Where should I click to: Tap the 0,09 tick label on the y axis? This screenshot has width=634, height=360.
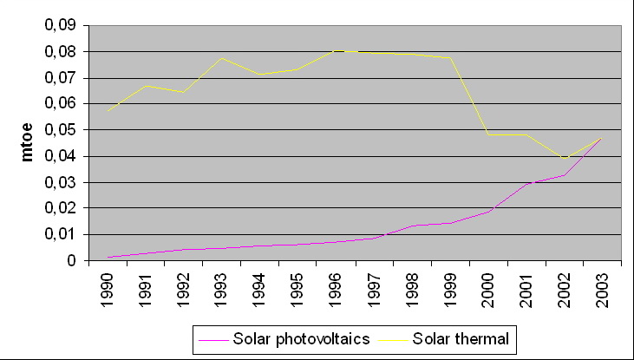tap(59, 25)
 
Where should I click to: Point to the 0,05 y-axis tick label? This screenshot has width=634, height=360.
tap(59, 130)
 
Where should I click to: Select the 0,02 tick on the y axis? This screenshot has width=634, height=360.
tap(59, 208)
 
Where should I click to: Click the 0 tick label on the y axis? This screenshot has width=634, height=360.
tap(73, 260)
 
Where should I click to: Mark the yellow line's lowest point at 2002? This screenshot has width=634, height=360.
tap(564, 158)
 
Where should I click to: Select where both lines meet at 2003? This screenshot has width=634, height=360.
tap(600, 139)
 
